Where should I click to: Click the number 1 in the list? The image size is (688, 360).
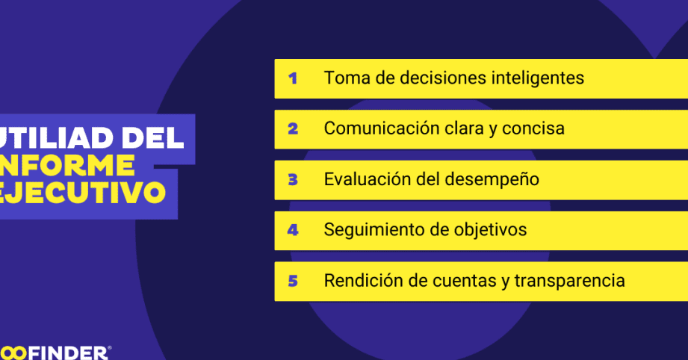coord(293,78)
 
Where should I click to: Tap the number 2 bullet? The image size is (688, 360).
coord(293,129)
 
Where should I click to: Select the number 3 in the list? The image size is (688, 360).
coord(293,180)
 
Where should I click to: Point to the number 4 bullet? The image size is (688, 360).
coord(293,230)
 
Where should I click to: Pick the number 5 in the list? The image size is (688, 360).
coord(293,281)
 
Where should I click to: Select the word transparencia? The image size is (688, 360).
coord(569,281)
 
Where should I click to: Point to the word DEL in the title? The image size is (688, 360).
coord(152,137)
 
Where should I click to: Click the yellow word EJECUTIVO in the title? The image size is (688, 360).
coord(82,193)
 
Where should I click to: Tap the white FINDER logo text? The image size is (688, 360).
coord(68,353)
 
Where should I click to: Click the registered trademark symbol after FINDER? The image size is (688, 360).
coord(109,348)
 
